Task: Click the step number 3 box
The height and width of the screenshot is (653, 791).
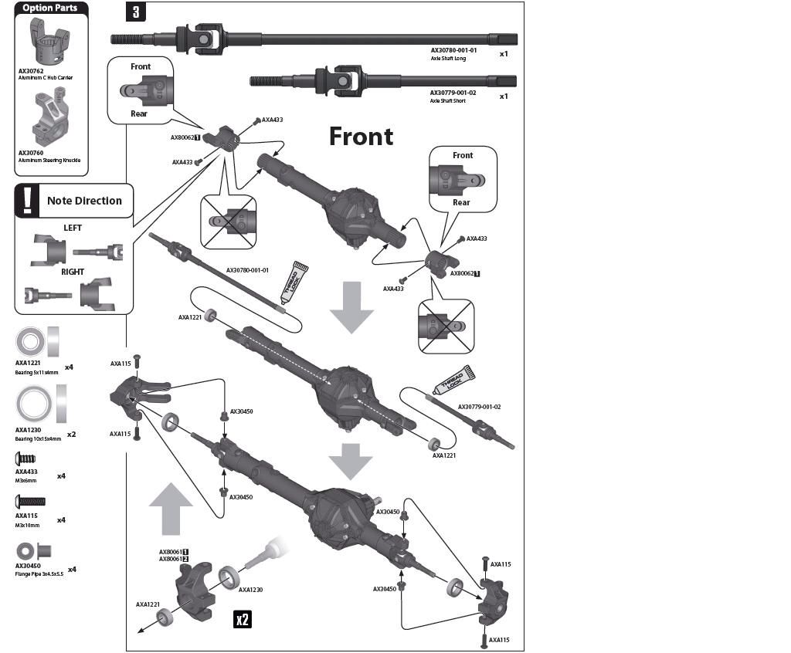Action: click(x=135, y=13)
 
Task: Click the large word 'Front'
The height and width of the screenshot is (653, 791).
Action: click(x=361, y=137)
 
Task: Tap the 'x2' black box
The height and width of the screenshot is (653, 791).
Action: click(x=243, y=619)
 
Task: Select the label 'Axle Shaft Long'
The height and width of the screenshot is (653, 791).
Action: click(x=448, y=59)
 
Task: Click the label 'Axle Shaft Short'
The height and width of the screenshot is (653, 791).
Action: click(x=448, y=101)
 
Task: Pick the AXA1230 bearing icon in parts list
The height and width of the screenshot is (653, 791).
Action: click(x=34, y=404)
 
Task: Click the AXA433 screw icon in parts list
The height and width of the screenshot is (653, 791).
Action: click(x=25, y=458)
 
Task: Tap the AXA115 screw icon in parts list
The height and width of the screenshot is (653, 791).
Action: click(x=30, y=502)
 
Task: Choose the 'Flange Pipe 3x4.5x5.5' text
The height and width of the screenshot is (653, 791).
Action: click(x=39, y=574)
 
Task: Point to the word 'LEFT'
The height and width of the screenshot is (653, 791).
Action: click(x=72, y=228)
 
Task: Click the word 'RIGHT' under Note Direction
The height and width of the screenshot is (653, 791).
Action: click(x=73, y=272)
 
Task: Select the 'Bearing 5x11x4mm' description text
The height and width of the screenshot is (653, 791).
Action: click(x=36, y=372)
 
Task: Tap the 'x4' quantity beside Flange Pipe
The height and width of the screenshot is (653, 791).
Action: click(x=72, y=570)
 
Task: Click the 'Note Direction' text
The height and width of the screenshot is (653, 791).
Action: click(x=84, y=201)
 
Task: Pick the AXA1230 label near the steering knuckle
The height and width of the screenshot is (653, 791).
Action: click(x=250, y=590)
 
